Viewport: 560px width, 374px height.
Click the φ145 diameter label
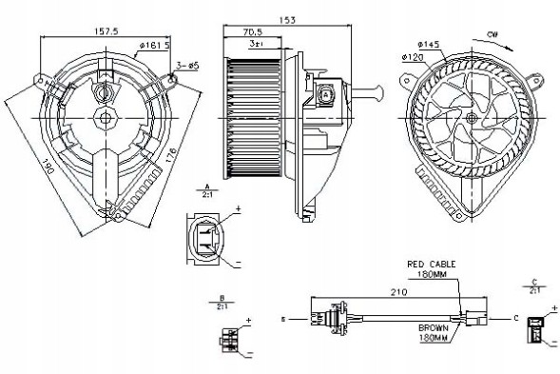(x=428, y=44)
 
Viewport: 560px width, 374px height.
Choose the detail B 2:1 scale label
(x=221, y=305)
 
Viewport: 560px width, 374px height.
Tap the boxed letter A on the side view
(x=326, y=95)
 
